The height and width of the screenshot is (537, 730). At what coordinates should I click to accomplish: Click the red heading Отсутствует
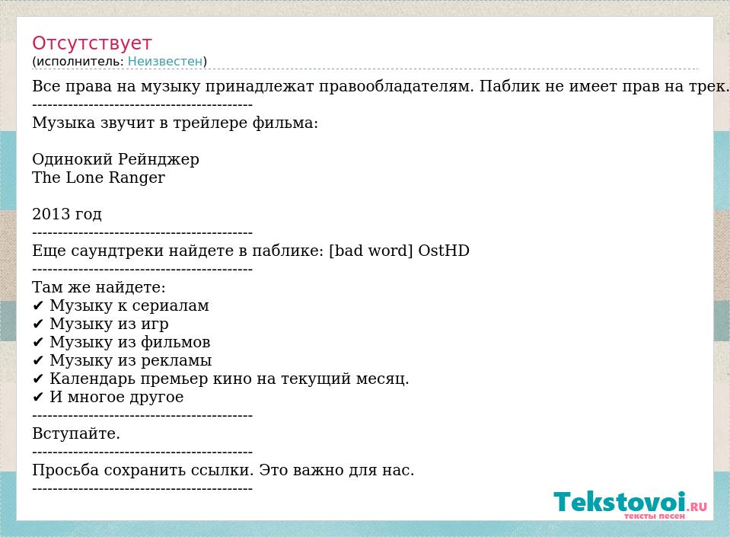(x=91, y=43)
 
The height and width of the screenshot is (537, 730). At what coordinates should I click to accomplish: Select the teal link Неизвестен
(x=165, y=61)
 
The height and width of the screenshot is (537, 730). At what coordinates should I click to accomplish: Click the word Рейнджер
(x=158, y=160)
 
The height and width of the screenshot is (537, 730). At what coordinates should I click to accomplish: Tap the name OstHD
(x=444, y=251)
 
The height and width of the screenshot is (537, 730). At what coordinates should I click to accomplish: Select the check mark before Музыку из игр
(x=38, y=324)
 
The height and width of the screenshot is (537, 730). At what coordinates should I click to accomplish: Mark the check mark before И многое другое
(x=38, y=398)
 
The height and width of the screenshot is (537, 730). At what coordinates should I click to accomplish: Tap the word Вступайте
(x=76, y=433)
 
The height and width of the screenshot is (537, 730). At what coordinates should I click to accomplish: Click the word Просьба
(x=65, y=470)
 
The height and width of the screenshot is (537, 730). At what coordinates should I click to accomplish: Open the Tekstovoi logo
(x=630, y=504)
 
